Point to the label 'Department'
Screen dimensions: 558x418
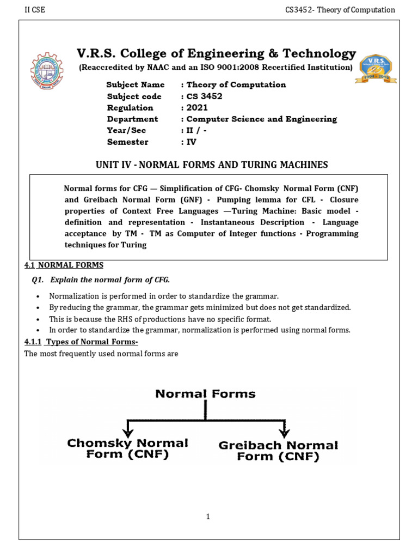point(132,119)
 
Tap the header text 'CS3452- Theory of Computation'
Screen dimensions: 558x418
point(340,10)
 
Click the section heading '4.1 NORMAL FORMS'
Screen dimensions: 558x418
point(64,265)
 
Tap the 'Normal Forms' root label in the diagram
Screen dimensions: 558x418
point(205,393)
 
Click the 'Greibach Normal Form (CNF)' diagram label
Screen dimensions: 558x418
point(278,451)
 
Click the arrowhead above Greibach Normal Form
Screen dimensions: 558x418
point(284,432)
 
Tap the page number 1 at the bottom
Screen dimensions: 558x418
point(208,517)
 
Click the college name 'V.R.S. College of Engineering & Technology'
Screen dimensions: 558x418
point(216,53)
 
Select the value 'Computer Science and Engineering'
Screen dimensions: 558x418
point(261,119)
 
